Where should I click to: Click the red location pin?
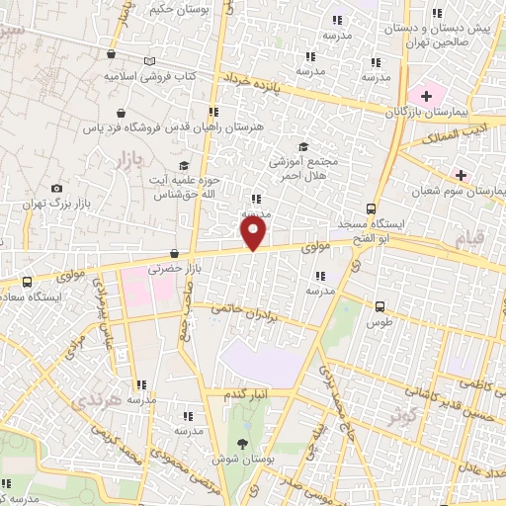click(254, 232)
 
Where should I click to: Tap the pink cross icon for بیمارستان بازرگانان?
click(427, 96)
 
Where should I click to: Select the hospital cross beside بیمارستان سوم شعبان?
click(462, 175)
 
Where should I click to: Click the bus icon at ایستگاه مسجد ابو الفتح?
click(371, 209)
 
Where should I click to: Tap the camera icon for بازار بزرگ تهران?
click(56, 188)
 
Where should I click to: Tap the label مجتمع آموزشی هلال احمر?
click(304, 167)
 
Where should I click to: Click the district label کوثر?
click(400, 416)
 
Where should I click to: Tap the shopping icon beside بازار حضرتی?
click(174, 253)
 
